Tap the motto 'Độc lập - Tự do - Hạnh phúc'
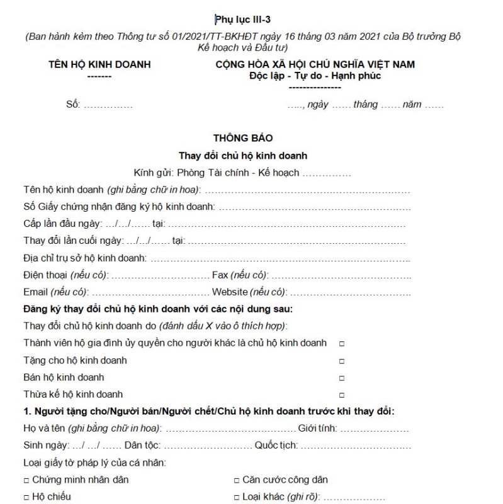[315, 76]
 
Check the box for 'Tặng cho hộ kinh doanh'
[342, 362]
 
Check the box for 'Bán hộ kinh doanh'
[342, 379]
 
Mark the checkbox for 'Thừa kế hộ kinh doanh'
[342, 396]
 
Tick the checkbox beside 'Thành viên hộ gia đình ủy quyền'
[342, 344]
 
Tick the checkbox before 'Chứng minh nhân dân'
[26, 480]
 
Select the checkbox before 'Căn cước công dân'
[238, 480]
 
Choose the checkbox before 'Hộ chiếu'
[26, 497]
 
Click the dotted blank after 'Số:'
[108, 105]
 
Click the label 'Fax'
[220, 275]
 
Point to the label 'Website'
[230, 292]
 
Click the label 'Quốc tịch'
[275, 445]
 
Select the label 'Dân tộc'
[143, 445]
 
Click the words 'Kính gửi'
[154, 172]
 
